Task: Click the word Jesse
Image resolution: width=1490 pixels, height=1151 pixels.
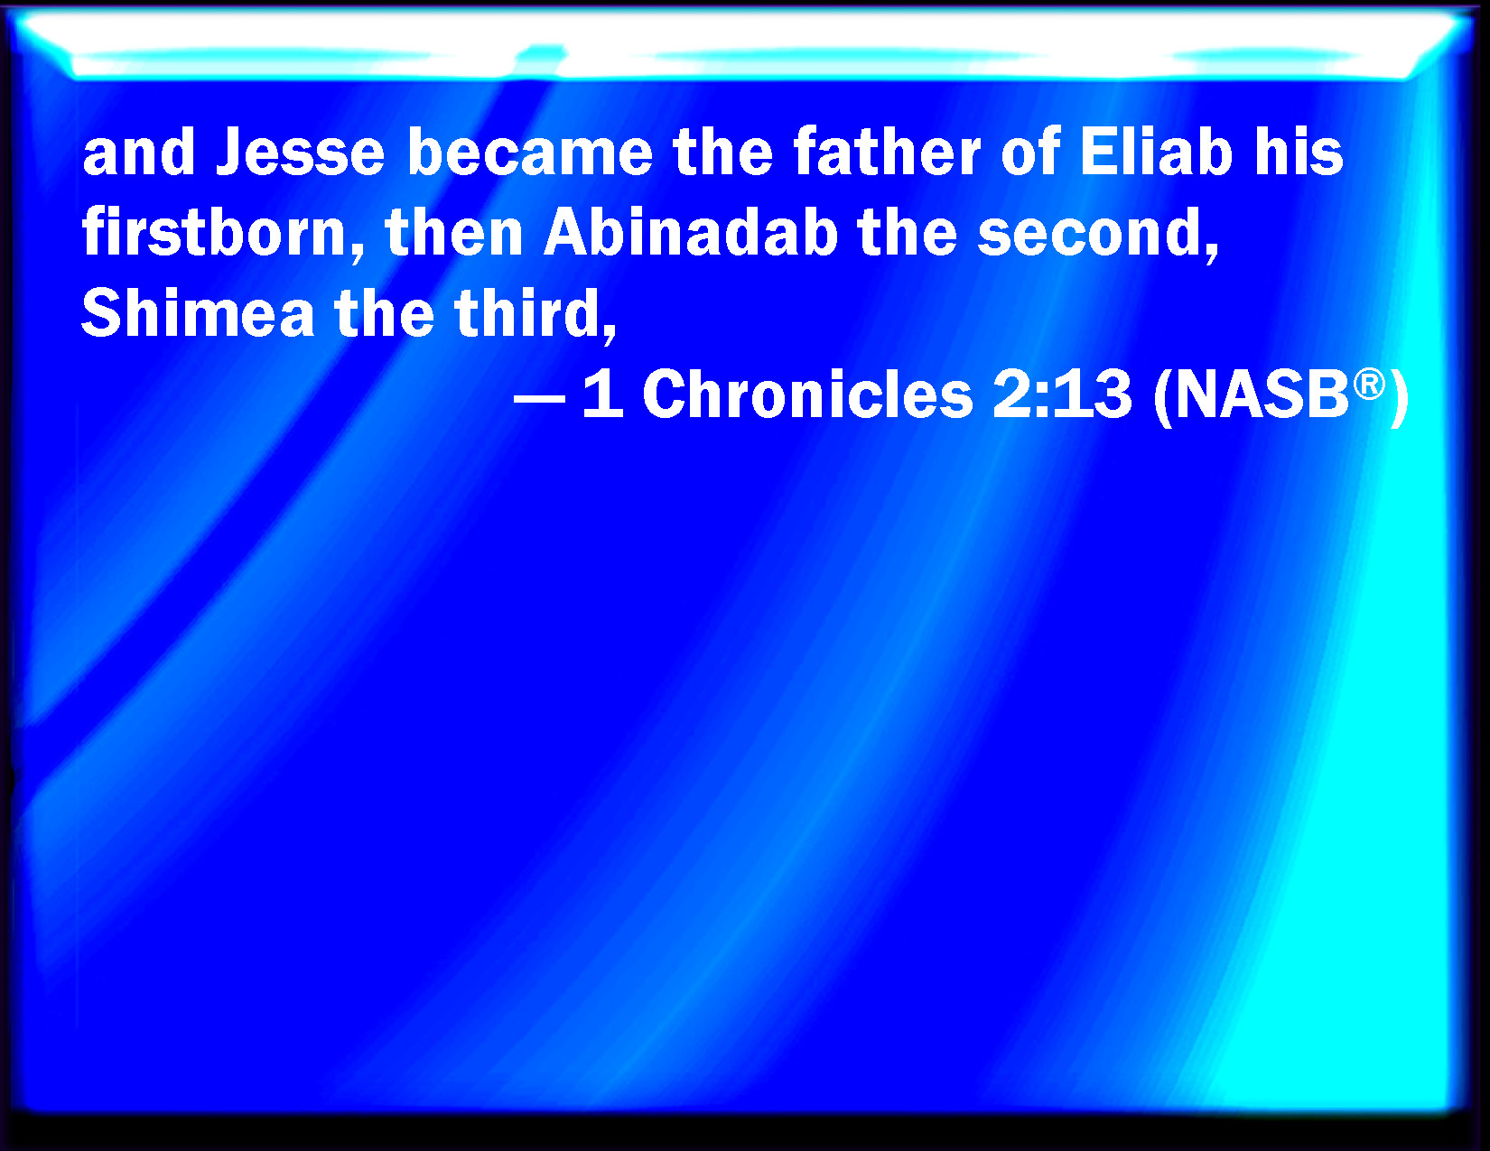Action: click(x=300, y=153)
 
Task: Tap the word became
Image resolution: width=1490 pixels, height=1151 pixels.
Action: click(x=529, y=152)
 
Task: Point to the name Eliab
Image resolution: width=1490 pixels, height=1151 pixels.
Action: click(x=1156, y=152)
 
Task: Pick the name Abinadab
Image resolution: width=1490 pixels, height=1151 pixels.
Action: click(x=691, y=232)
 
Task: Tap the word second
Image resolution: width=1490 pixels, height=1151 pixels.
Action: click(x=1097, y=232)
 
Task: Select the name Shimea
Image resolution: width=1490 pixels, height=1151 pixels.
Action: click(x=198, y=312)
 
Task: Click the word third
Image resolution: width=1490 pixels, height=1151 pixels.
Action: click(x=535, y=312)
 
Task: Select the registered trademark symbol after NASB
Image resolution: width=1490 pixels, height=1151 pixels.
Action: click(x=1369, y=384)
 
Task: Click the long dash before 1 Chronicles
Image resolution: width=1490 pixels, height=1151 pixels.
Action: click(x=540, y=397)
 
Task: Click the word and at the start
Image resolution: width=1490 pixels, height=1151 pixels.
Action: click(x=138, y=152)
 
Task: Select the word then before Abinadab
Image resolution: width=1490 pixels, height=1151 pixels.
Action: click(x=454, y=232)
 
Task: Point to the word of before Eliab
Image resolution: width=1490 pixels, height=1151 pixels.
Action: click(x=1030, y=152)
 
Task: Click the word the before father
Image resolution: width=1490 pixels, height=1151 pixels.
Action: click(x=722, y=152)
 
